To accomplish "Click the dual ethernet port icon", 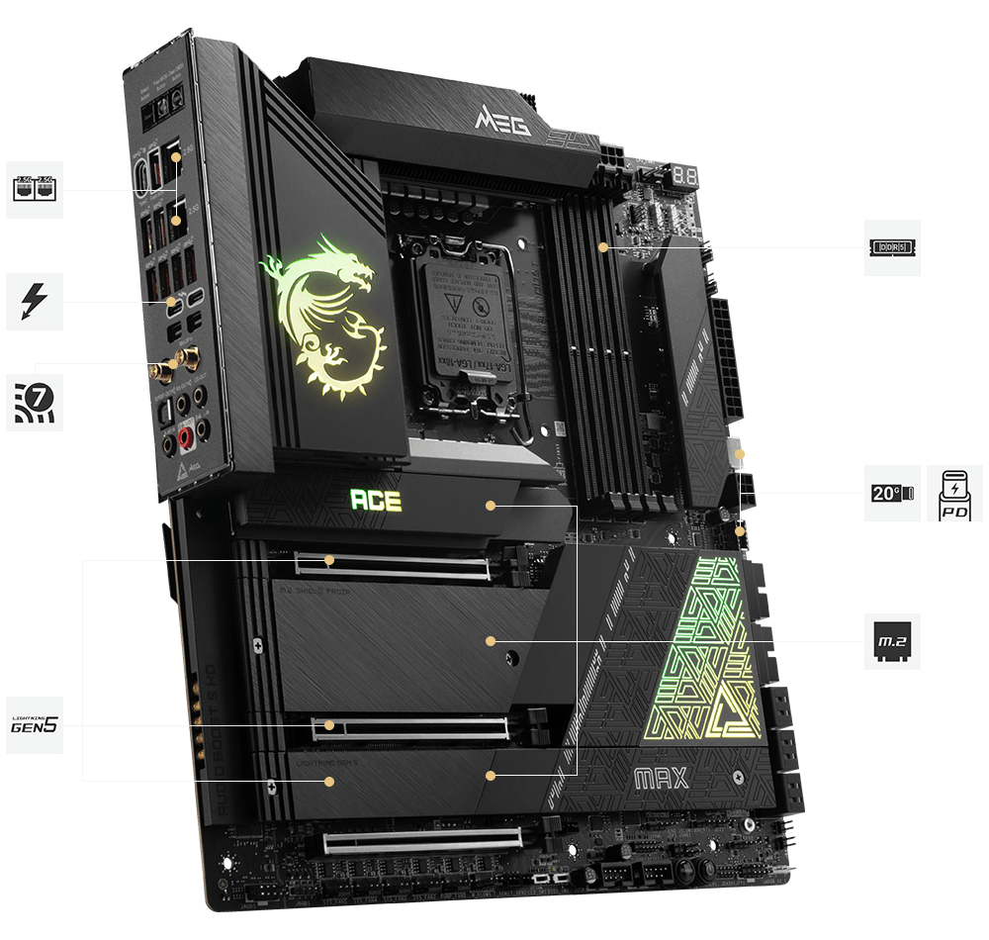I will click(x=35, y=189).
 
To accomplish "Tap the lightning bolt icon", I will click(x=35, y=302).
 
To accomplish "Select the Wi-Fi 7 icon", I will click(x=35, y=401).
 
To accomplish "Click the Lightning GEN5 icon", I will click(x=35, y=725).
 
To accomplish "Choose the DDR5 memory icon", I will click(x=892, y=247).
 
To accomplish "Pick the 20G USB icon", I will click(x=892, y=493).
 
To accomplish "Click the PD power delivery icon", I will click(x=954, y=493).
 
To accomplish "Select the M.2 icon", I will click(x=892, y=641).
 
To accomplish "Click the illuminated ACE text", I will click(x=376, y=500).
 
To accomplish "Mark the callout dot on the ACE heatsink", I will click(x=490, y=505).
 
